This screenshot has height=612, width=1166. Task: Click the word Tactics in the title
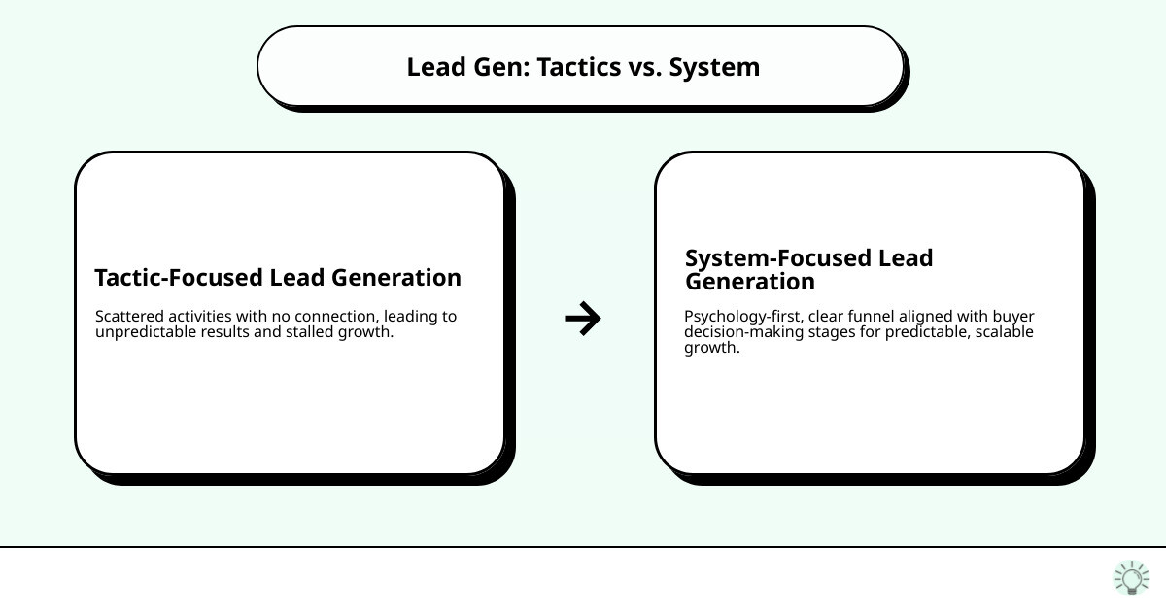(580, 67)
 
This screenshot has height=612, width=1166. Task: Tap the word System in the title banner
(714, 67)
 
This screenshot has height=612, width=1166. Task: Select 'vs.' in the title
(646, 67)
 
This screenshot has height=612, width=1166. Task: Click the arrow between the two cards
(583, 319)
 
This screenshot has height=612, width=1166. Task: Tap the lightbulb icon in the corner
(1131, 578)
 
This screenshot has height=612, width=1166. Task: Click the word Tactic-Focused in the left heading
(179, 278)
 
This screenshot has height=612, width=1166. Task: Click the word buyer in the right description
(1014, 317)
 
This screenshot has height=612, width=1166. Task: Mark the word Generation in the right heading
(749, 282)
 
